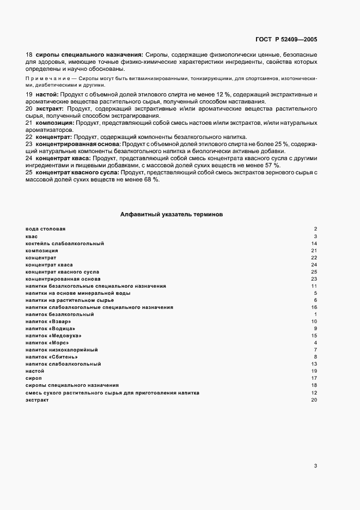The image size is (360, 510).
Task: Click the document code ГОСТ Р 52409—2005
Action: point(286,40)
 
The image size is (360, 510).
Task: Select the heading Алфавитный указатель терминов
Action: point(172,215)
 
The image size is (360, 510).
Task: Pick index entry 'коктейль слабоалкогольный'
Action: point(65,243)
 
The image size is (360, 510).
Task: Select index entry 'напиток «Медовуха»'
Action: point(53,336)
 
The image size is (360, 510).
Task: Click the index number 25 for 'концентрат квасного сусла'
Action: point(314,271)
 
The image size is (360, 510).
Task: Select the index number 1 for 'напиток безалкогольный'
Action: point(315,314)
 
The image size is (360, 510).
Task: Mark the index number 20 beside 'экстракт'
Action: point(314,400)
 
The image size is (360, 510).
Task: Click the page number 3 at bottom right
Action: point(315,465)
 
